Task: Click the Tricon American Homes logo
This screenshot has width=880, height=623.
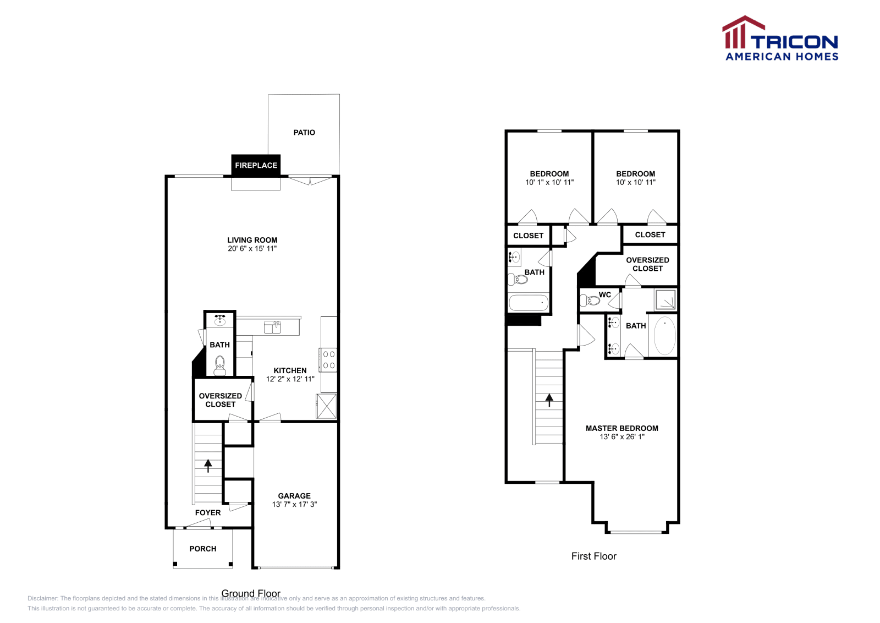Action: pyautogui.click(x=781, y=39)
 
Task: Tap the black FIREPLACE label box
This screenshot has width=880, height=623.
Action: pyautogui.click(x=256, y=165)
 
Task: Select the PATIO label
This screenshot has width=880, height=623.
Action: pyautogui.click(x=304, y=133)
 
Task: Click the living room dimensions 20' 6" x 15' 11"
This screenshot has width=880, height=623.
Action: pyautogui.click(x=252, y=249)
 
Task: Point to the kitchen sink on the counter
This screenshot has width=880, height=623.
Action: pyautogui.click(x=272, y=327)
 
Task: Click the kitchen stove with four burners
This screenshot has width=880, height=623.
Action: pyautogui.click(x=329, y=360)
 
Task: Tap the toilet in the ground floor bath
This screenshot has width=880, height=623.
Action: pyautogui.click(x=219, y=365)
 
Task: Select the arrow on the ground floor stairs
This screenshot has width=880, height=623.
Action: pyautogui.click(x=208, y=466)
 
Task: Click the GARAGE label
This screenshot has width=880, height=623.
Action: pyautogui.click(x=294, y=496)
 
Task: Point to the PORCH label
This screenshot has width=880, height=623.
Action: pyautogui.click(x=202, y=549)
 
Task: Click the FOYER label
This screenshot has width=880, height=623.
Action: pyautogui.click(x=208, y=512)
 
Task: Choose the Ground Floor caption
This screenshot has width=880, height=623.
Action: pyautogui.click(x=251, y=593)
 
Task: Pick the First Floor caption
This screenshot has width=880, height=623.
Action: pyautogui.click(x=593, y=556)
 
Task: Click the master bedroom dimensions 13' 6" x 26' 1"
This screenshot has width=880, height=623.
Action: pyautogui.click(x=621, y=437)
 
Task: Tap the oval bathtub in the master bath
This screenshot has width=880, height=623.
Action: pyautogui.click(x=664, y=336)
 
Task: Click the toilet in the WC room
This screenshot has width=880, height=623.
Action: pyautogui.click(x=591, y=300)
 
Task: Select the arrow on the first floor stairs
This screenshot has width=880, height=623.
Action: pyautogui.click(x=549, y=400)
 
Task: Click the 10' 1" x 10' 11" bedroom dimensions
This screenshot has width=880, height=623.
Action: pyautogui.click(x=549, y=183)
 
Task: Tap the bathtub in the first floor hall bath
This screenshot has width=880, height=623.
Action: pyautogui.click(x=529, y=303)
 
